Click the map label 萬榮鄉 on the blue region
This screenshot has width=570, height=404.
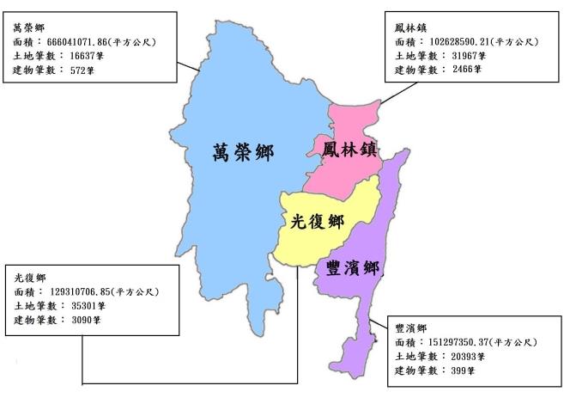pyautogui.click(x=242, y=153)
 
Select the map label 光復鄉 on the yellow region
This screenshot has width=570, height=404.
pyautogui.click(x=318, y=221)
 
